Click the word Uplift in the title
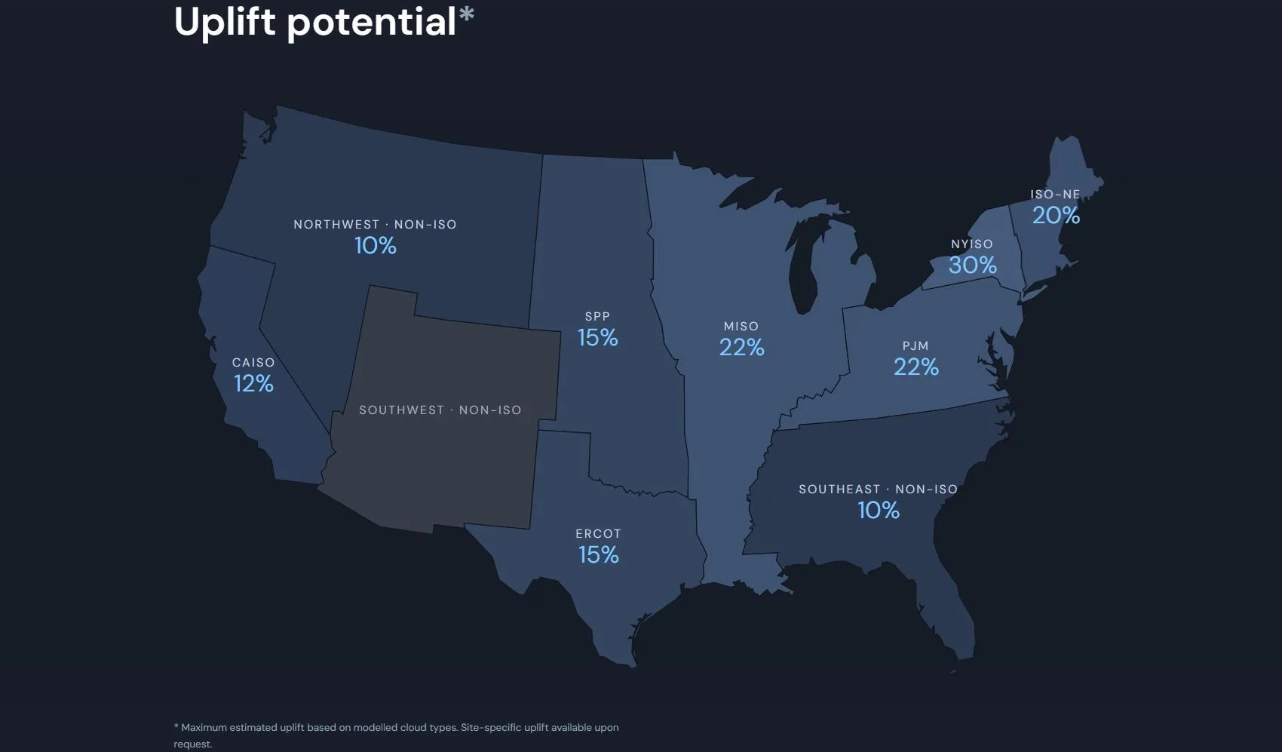(x=225, y=23)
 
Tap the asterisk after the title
(x=467, y=14)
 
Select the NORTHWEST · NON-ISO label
(x=376, y=224)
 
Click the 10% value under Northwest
(x=376, y=246)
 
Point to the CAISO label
(x=253, y=362)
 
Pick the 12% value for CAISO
(x=253, y=383)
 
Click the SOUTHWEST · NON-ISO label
(x=440, y=410)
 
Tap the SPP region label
(x=597, y=316)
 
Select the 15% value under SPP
(x=597, y=337)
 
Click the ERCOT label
(x=598, y=533)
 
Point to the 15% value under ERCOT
(x=599, y=554)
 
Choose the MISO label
(x=741, y=326)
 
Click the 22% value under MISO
(x=742, y=348)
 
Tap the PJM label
(x=915, y=345)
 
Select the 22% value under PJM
(x=916, y=367)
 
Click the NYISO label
(x=972, y=244)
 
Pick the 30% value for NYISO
(x=972, y=265)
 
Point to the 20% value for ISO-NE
(x=1056, y=215)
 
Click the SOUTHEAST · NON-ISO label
(x=879, y=490)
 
